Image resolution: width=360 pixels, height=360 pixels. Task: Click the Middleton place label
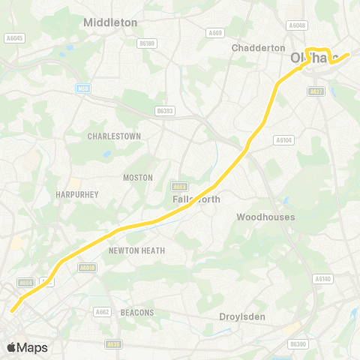click(110, 22)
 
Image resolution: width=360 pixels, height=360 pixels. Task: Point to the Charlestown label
click(114, 136)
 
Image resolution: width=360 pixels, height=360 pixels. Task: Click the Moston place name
click(137, 178)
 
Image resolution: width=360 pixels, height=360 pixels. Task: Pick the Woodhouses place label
click(265, 217)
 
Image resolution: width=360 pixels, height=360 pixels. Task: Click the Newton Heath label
click(136, 250)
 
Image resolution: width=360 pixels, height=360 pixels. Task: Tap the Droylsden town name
click(242, 316)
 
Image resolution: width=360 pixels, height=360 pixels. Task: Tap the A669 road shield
click(215, 32)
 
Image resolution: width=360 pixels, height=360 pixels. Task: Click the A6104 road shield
click(283, 139)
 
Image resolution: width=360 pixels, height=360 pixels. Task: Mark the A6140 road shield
click(322, 279)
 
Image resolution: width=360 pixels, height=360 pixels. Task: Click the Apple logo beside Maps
click(11, 347)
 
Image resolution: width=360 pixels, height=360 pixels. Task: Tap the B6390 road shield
click(298, 343)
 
